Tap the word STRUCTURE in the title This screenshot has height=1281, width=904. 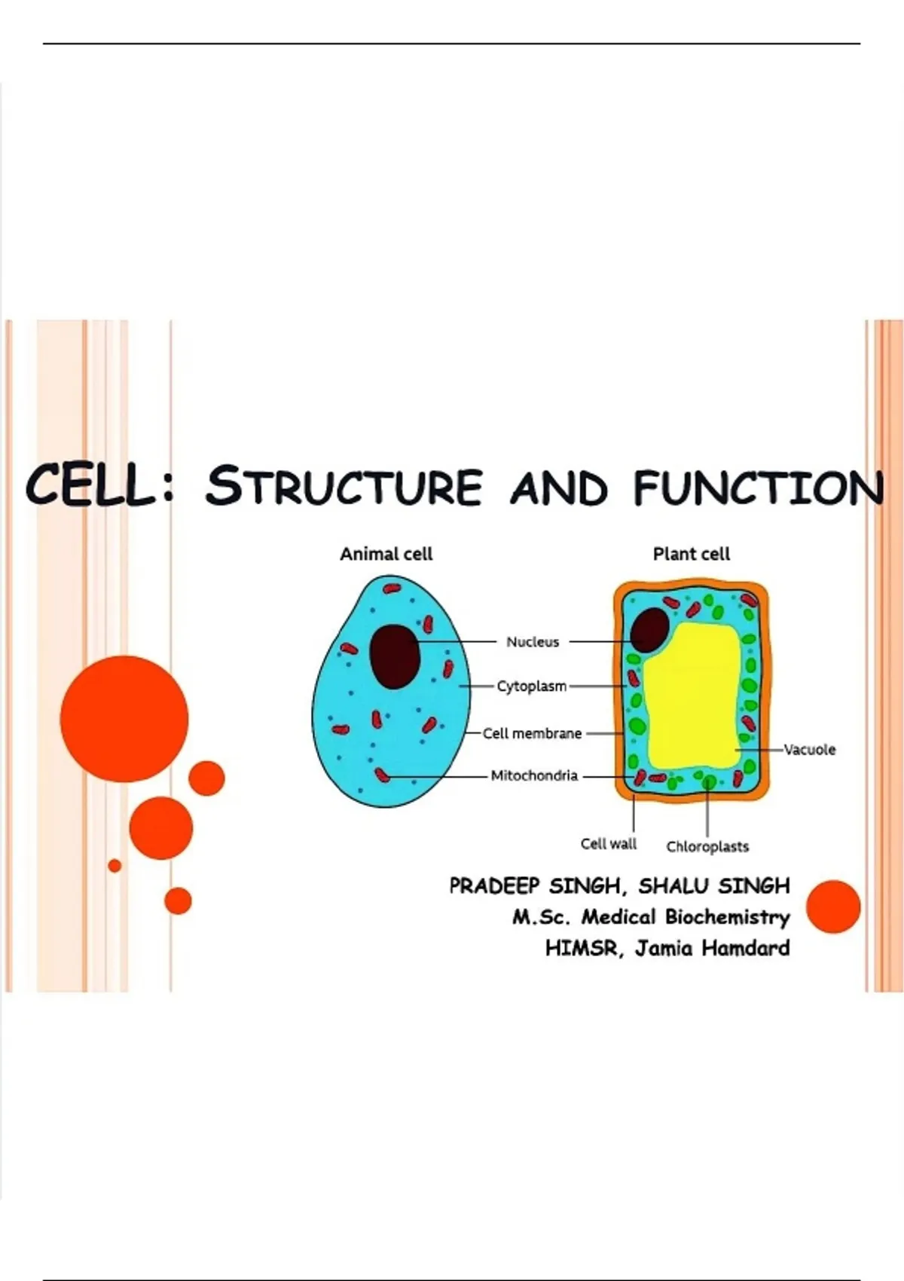coord(344,485)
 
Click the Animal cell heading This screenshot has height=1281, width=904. coord(386,554)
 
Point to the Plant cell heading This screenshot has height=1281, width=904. coord(692,554)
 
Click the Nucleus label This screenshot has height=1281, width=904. coord(533,642)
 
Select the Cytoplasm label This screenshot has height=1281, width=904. coord(531,686)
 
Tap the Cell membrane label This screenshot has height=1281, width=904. coord(532,733)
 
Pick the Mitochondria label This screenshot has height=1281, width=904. coord(534,775)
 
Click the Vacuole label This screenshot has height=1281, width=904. coord(809,749)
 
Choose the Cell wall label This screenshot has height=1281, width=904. coord(609,843)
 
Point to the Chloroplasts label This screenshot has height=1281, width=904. coord(707,846)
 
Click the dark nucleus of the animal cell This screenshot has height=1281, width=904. coord(395,656)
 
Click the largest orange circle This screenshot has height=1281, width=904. coord(124,719)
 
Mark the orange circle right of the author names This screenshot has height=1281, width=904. coord(833,906)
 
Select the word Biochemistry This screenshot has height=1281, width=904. coord(727,917)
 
